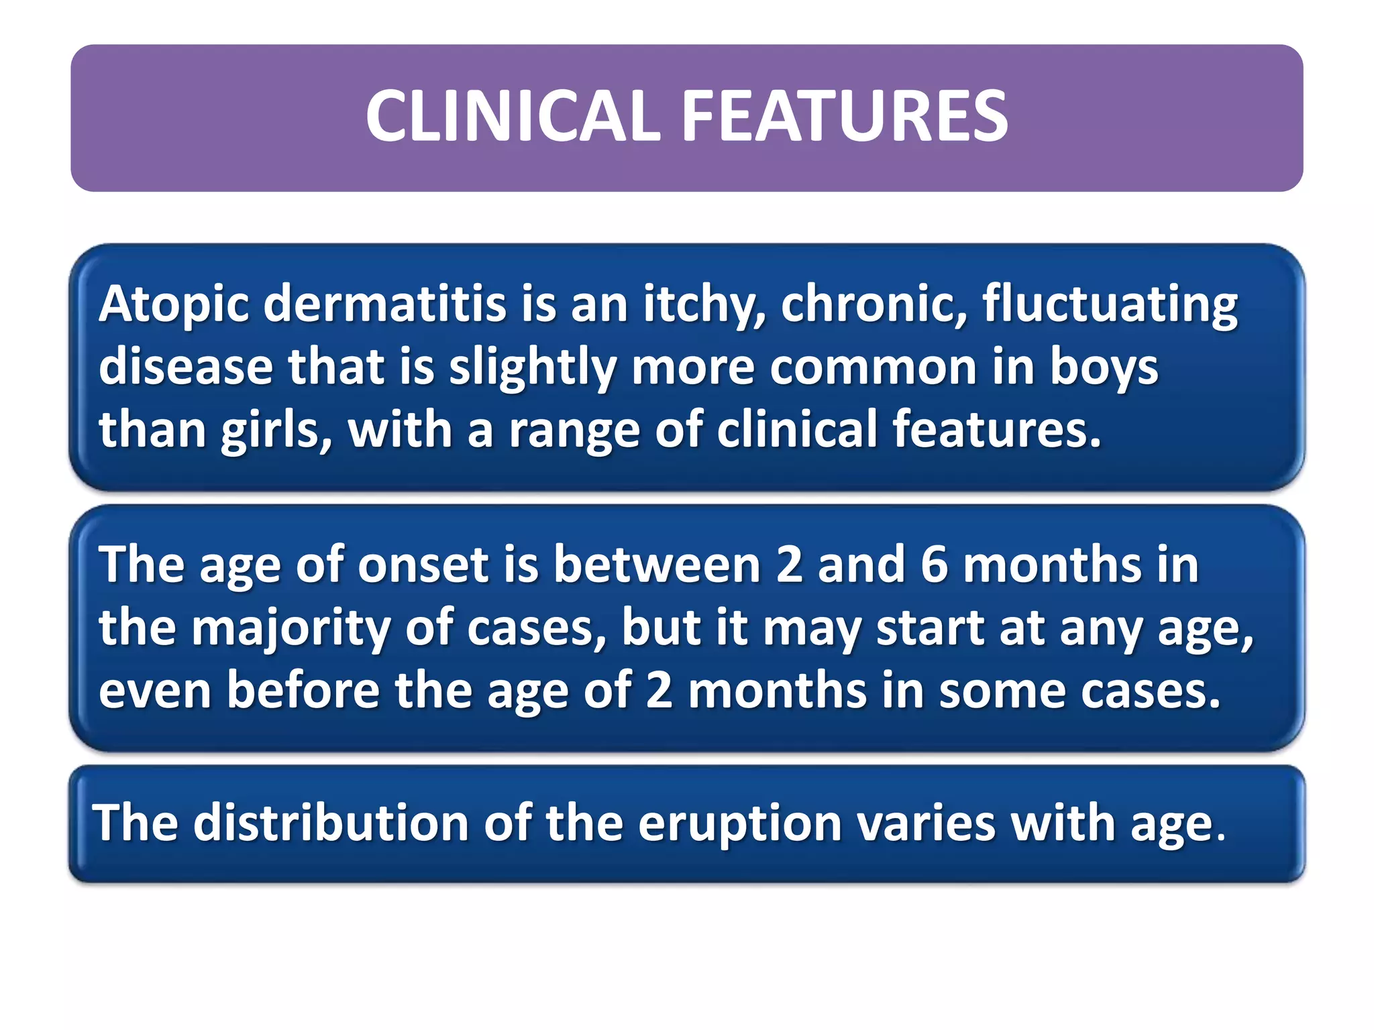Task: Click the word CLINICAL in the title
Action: click(513, 117)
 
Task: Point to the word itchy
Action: click(703, 305)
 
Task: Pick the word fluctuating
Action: click(1110, 305)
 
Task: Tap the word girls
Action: click(276, 431)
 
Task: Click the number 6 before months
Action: click(934, 565)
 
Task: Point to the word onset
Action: click(423, 565)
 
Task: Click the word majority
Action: click(290, 628)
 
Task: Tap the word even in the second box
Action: click(155, 691)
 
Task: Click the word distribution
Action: click(330, 823)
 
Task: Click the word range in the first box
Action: click(574, 431)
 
